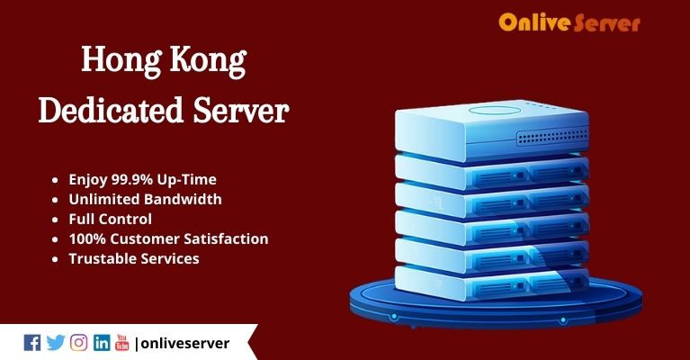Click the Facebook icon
[x=32, y=342]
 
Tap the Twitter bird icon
[x=56, y=342]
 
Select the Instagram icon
[x=79, y=342]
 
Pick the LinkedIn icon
[x=102, y=342]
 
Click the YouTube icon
[x=121, y=342]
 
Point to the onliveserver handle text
[x=184, y=343]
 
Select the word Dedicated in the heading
[x=111, y=110]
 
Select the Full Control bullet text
[x=111, y=219]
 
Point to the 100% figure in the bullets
[x=87, y=238]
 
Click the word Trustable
[x=100, y=258]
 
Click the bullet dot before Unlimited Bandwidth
[x=55, y=200]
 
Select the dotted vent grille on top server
[x=552, y=138]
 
